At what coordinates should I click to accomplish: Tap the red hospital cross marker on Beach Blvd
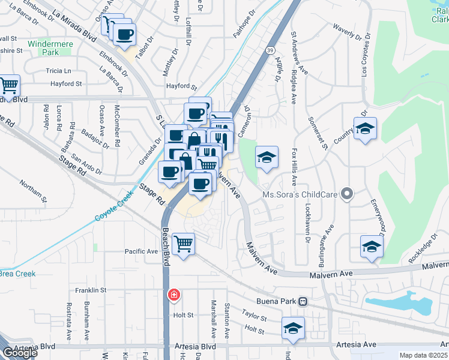173,295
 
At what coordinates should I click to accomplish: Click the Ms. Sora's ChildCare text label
300,194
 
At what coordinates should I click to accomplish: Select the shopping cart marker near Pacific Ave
183,244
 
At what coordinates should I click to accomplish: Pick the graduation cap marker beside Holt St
292,328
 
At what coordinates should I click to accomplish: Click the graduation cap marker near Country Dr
365,128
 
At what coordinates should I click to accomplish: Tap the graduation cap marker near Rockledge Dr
372,247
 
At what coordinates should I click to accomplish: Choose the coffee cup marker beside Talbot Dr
124,34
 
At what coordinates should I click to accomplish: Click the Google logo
20,352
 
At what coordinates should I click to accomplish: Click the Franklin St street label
91,290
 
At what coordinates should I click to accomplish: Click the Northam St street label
33,190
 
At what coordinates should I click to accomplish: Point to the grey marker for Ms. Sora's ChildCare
346,193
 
